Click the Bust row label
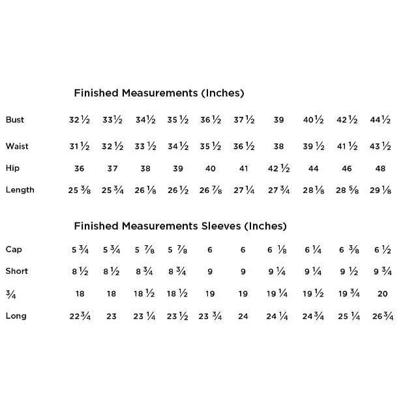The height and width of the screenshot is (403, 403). click(14, 119)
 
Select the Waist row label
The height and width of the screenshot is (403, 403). click(16, 145)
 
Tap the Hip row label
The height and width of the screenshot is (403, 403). click(12, 168)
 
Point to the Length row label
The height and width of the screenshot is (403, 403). click(20, 190)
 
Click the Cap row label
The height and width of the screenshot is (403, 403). click(13, 249)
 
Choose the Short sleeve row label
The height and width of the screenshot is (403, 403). click(16, 271)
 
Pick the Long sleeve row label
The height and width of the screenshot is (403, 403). click(16, 316)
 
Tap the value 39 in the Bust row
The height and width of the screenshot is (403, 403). click(278, 120)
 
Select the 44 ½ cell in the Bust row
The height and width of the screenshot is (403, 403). click(380, 120)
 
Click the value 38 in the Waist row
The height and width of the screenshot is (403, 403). click(278, 146)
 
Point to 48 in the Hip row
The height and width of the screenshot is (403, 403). click(380, 168)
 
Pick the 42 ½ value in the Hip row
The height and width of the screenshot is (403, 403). click(278, 168)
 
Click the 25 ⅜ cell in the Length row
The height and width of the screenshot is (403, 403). click(80, 190)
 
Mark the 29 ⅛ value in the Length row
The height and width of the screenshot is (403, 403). click(380, 190)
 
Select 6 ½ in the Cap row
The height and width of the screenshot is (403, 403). click(382, 250)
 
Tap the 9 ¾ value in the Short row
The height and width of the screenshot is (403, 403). click(382, 272)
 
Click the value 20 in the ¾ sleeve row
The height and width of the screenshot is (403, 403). click(382, 294)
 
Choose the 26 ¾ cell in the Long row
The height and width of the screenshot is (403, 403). click(382, 316)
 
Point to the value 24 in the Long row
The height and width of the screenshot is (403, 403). click(243, 316)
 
